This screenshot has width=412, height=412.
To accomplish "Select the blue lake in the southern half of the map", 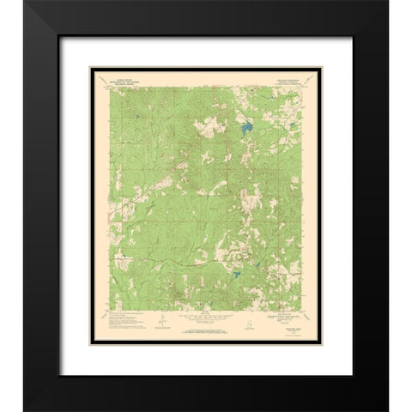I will coord(234,276).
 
